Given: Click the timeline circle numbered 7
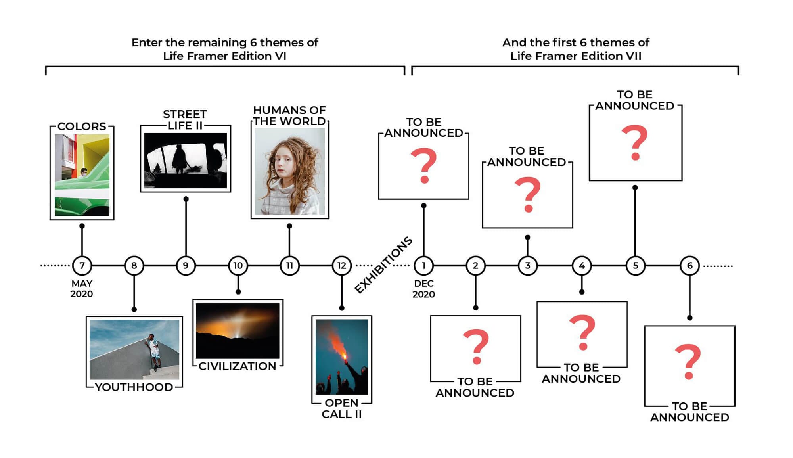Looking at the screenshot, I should [82, 265].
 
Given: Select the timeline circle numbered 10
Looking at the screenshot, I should [238, 265].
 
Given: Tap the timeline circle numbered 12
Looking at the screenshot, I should [342, 265].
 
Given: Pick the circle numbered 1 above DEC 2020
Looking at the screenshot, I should [423, 265].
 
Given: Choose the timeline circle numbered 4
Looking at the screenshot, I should [582, 265].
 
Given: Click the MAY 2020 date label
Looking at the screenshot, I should [82, 289].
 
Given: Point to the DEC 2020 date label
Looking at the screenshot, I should [423, 289].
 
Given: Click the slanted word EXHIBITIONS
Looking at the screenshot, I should [383, 265].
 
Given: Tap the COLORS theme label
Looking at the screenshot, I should [82, 126].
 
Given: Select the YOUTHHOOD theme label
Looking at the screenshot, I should [134, 387].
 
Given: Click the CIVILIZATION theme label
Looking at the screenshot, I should [238, 366].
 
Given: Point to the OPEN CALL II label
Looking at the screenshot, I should [342, 408].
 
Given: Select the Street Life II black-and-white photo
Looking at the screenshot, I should [186, 160].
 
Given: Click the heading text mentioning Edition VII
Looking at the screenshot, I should [576, 49].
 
